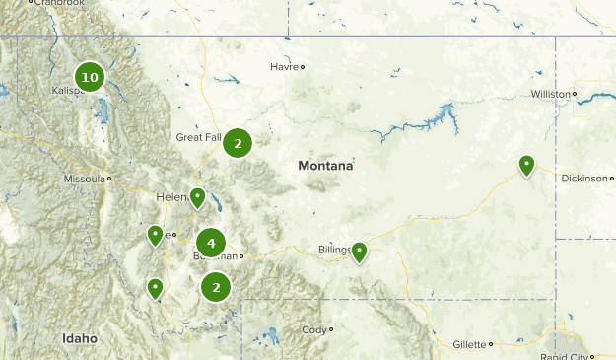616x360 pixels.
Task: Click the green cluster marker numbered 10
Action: click(x=90, y=77)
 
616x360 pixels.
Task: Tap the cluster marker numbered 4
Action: click(x=211, y=242)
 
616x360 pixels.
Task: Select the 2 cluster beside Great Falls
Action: click(x=237, y=143)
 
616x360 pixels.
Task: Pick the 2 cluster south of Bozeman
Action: click(x=216, y=287)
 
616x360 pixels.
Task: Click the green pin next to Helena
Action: click(x=198, y=198)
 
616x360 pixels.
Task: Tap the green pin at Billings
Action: click(x=360, y=252)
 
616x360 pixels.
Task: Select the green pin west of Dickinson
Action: click(x=527, y=165)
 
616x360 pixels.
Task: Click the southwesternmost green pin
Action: click(x=155, y=288)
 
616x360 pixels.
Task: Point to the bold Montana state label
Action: click(x=325, y=167)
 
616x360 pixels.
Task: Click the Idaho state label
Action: click(x=80, y=338)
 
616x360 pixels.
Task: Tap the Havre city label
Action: click(x=284, y=67)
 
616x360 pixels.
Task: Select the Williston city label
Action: click(x=550, y=94)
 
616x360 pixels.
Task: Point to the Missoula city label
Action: click(x=84, y=179)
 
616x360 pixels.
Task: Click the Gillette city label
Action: click(x=471, y=344)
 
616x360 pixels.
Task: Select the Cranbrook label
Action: click(x=58, y=3)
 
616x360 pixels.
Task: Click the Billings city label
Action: click(x=334, y=250)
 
